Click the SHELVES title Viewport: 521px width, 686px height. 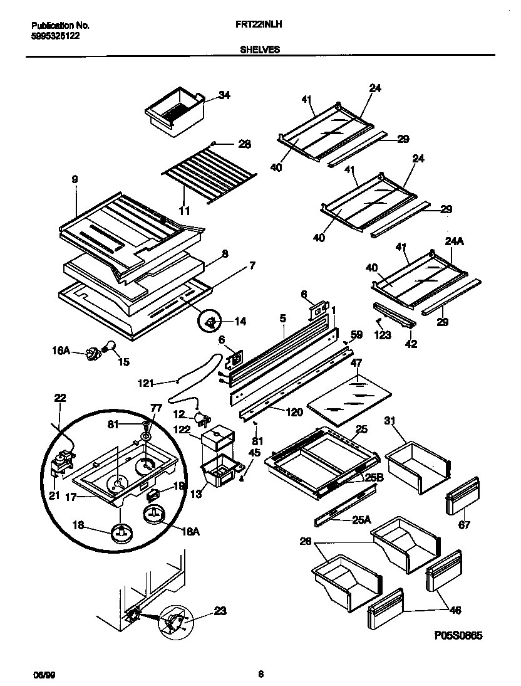click(260, 50)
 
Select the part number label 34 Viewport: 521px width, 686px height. click(224, 95)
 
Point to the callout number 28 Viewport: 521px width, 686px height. click(244, 144)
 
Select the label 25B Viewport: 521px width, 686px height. click(374, 478)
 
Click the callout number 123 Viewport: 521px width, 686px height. click(382, 335)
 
